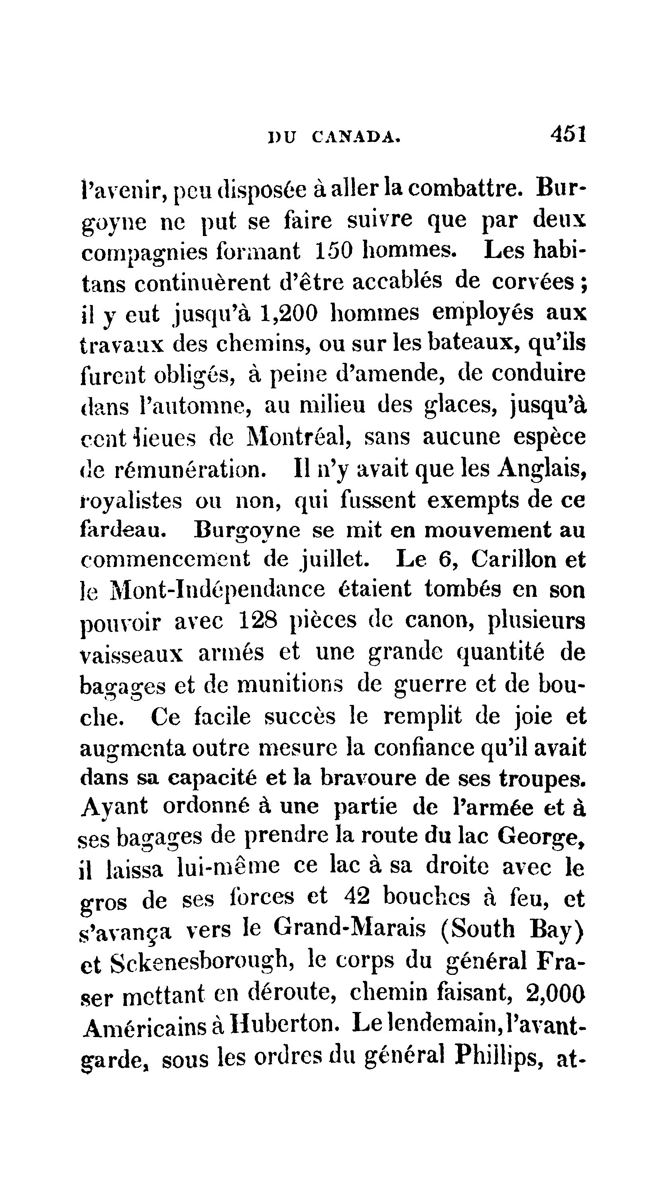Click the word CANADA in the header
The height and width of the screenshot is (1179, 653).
[356, 137]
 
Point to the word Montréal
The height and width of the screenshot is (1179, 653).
[298, 437]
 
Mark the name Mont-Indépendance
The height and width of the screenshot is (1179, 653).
[218, 590]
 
